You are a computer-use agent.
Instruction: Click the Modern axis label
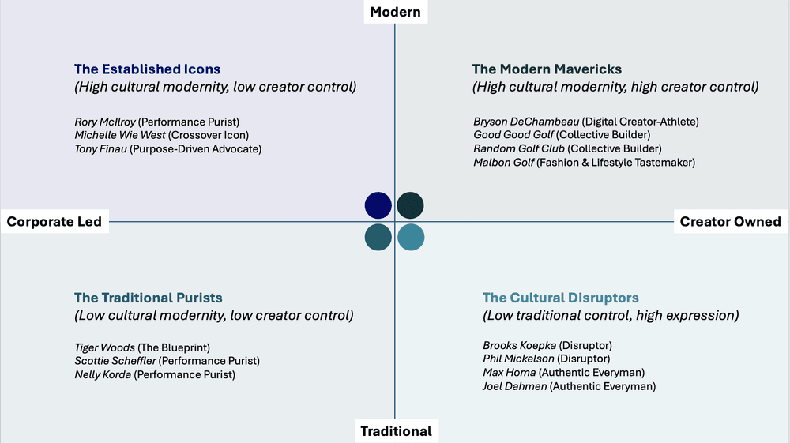(395, 12)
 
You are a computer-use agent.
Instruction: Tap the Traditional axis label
(396, 431)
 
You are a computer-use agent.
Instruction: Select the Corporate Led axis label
(55, 221)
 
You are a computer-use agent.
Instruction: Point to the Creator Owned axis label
(730, 221)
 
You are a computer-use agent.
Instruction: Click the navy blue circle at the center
(378, 205)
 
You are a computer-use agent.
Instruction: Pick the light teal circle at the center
(411, 237)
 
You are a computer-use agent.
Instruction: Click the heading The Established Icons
(147, 69)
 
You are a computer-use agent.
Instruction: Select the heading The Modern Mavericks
(547, 69)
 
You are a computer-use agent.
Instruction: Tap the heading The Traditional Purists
(148, 298)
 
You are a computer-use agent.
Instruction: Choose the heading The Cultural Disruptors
(560, 298)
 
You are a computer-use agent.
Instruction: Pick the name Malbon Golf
(503, 162)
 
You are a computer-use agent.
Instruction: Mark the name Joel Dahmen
(514, 386)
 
